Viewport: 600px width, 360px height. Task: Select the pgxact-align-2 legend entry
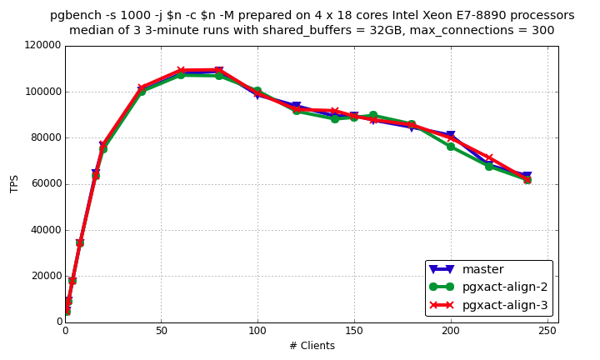(x=504, y=287)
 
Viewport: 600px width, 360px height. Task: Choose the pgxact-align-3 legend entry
(x=504, y=306)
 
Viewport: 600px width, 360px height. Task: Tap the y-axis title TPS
(x=14, y=183)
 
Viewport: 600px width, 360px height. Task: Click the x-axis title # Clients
(x=312, y=346)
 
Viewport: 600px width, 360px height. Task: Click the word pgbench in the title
(x=75, y=15)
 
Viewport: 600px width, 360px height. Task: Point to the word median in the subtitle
(x=91, y=31)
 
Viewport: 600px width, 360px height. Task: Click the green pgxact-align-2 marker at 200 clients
(x=451, y=146)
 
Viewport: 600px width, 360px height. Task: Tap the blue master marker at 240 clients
(x=527, y=177)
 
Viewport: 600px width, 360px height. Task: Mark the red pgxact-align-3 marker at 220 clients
(x=489, y=158)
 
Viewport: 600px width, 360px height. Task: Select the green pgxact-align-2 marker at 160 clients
(x=373, y=115)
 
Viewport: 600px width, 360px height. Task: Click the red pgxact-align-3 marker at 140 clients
(x=335, y=112)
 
